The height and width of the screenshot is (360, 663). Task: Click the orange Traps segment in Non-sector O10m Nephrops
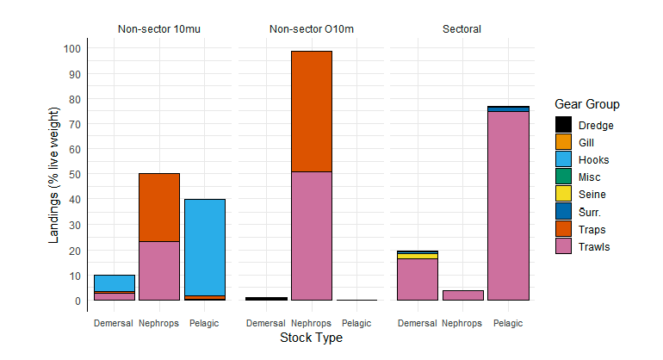311,111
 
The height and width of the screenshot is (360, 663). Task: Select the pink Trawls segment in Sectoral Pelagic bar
507,206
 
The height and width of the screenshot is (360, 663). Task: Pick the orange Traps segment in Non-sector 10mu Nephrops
159,208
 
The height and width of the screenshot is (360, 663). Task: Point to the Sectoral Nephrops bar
462,295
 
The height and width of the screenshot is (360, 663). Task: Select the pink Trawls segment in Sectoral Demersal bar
418,279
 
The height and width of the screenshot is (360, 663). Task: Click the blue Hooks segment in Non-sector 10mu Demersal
115,283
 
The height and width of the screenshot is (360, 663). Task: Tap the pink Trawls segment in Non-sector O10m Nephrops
311,236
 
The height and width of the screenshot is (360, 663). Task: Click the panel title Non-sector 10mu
159,29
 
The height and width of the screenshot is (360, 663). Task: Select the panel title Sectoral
462,29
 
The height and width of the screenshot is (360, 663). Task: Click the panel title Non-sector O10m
311,29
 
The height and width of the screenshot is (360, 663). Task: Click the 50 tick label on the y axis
74,175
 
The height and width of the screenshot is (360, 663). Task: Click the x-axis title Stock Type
311,338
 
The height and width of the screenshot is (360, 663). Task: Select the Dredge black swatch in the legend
563,125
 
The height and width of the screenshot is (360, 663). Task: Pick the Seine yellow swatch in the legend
563,195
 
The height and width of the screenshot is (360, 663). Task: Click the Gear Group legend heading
586,104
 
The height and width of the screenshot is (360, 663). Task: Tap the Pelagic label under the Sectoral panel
507,324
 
